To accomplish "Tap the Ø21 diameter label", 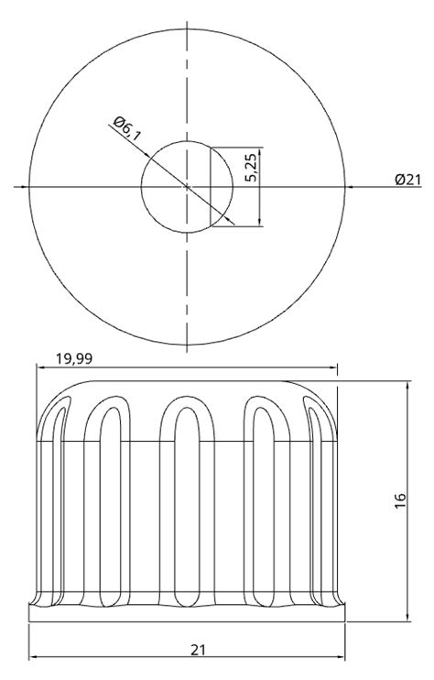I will tap(407, 180).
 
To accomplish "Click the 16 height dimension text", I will tap(400, 501).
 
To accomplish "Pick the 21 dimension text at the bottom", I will tap(197, 650).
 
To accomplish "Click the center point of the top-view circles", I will tap(187, 187).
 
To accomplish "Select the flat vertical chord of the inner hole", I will tap(212, 187).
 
